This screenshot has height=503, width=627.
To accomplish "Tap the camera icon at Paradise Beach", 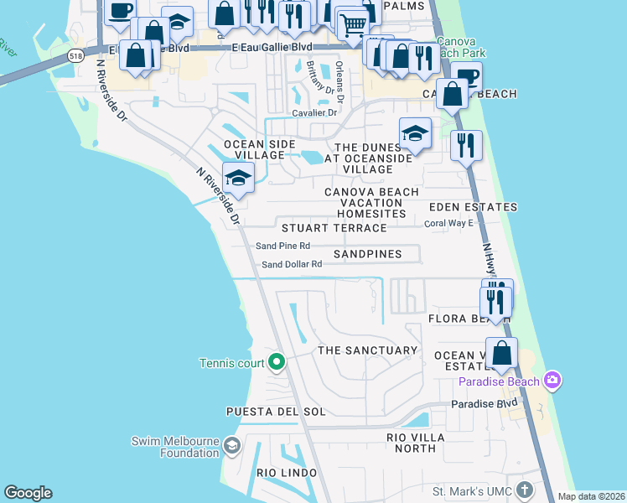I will point(552,381).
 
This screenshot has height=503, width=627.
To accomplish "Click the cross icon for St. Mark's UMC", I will point(525,490).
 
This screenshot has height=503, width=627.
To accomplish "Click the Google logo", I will point(28,493).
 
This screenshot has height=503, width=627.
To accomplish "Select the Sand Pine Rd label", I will point(282,246).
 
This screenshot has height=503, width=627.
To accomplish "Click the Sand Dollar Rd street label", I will point(292,264).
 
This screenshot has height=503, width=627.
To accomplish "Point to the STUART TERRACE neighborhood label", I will point(334,228).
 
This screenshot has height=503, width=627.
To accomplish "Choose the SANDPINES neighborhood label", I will point(367,253).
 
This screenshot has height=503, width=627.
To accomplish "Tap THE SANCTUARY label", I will point(367,350).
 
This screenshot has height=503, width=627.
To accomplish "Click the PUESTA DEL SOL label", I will point(275,412).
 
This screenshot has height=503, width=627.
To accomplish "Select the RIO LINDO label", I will point(284,474).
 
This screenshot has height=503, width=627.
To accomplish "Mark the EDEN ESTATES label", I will point(473,207).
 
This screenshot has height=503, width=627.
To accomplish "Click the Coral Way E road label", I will point(448,223).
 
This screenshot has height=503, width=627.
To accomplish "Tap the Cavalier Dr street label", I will point(313,112).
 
